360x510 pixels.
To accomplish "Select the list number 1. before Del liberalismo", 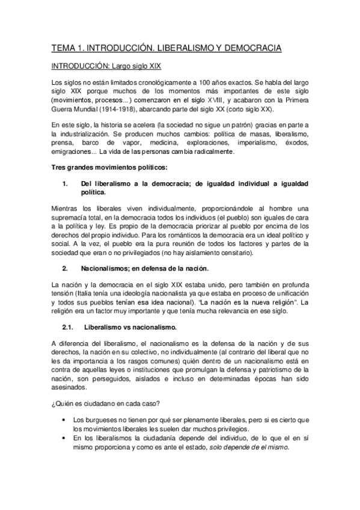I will pyautogui.click(x=66, y=183).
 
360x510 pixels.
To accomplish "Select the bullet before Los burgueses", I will pyautogui.click(x=63, y=418).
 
